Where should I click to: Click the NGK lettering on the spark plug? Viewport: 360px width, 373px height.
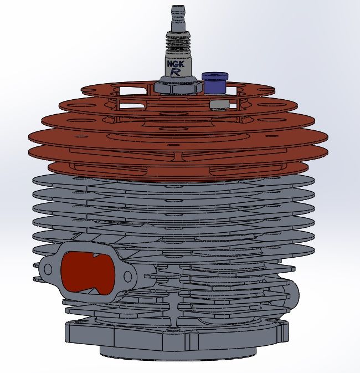pos(176,63)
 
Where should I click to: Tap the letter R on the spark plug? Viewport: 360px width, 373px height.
pos(176,72)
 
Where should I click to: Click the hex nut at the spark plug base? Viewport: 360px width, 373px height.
pos(176,87)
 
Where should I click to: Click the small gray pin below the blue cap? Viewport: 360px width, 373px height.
pos(218,104)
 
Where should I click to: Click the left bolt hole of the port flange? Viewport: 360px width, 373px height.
pos(48,269)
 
